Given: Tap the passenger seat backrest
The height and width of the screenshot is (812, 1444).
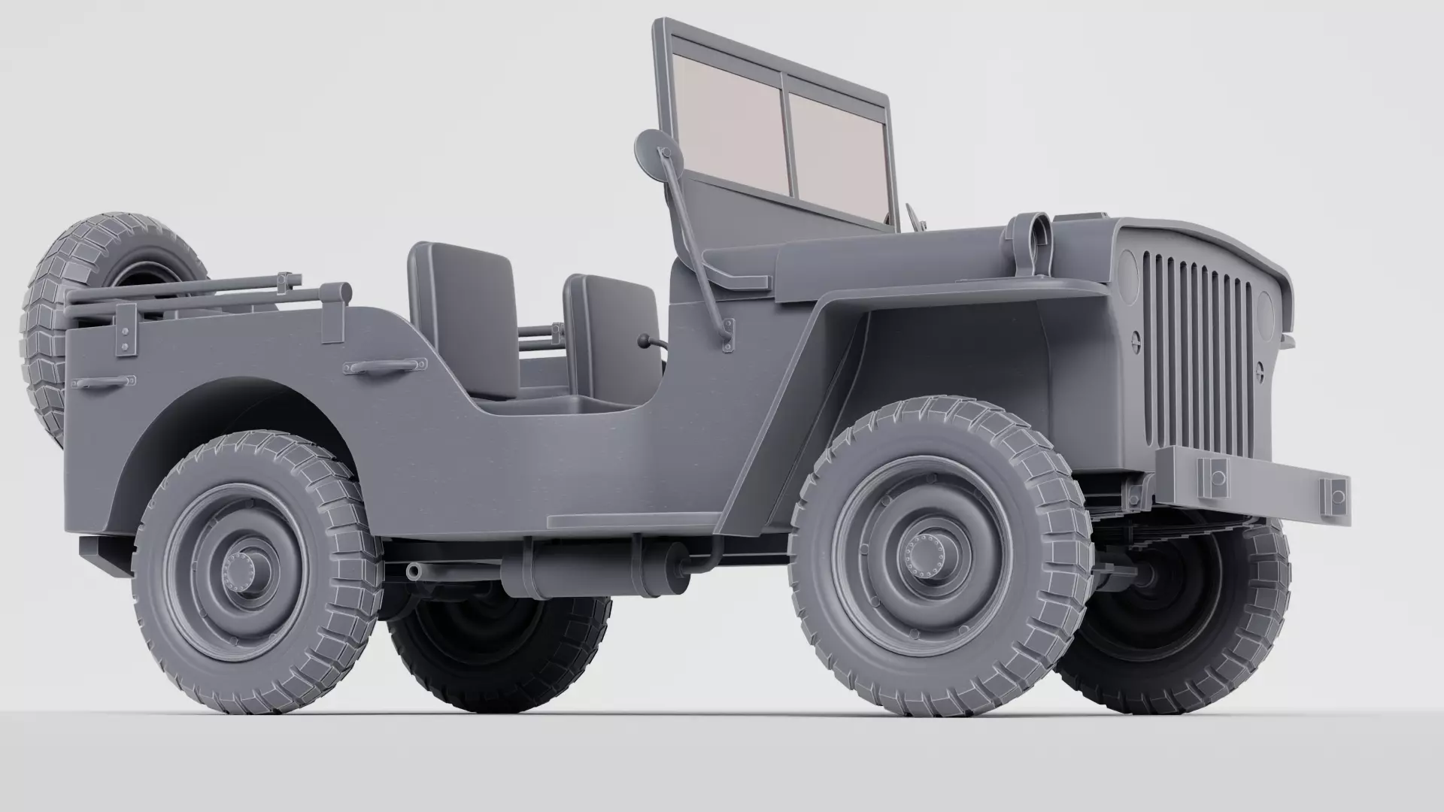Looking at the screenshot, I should tap(613, 329).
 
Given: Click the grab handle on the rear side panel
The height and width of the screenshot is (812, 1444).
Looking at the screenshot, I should tap(103, 383).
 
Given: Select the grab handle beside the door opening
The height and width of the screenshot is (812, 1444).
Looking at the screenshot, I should tap(381, 366).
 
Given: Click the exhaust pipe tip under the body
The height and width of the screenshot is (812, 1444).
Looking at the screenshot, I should tap(414, 571).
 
